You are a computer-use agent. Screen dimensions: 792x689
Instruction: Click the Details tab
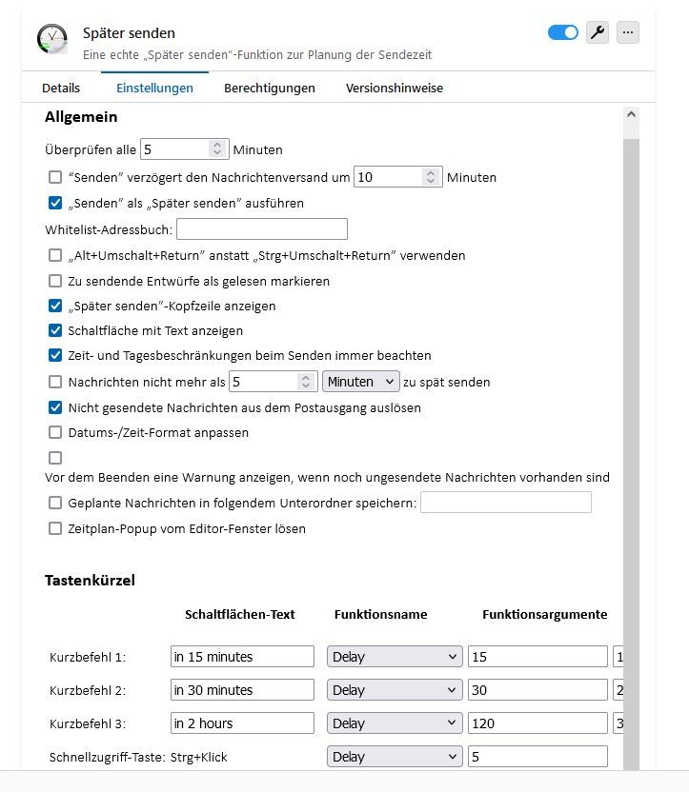61,88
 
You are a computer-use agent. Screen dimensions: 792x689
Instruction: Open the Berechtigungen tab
269,88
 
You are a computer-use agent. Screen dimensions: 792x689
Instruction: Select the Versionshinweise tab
394,88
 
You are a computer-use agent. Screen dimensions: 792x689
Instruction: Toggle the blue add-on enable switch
563,32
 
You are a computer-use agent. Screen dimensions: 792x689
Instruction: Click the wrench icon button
598,32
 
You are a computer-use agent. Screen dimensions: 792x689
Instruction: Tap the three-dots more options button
627,32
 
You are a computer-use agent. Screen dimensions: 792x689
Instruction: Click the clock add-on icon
52,39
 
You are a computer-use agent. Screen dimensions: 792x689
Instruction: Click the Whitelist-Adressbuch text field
262,228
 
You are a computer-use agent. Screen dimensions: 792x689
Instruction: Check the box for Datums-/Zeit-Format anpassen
55,433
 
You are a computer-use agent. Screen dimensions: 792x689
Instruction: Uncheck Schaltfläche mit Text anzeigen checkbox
55,331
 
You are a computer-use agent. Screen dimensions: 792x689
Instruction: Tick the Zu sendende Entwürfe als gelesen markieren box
55,282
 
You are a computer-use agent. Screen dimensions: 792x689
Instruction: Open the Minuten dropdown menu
361,382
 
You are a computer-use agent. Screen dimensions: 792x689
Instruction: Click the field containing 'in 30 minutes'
242,690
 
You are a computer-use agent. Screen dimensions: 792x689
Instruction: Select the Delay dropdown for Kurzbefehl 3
395,723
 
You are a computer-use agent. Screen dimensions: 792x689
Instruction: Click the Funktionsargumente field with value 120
537,723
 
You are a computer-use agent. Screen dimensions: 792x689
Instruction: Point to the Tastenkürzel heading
90,580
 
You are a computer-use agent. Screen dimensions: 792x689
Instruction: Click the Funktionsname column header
380,615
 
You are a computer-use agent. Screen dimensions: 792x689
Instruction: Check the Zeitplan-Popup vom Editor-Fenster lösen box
55,528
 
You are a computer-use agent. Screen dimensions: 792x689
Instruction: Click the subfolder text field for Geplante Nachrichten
505,503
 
